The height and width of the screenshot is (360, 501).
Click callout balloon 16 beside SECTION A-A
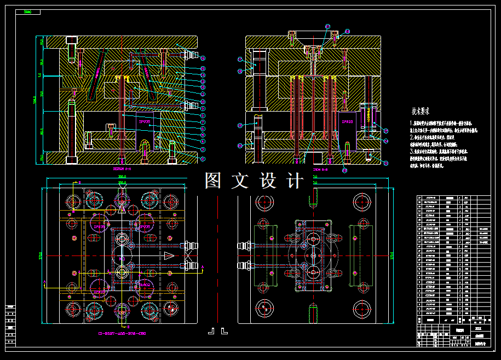203,58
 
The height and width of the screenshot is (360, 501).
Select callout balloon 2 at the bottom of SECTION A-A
203,159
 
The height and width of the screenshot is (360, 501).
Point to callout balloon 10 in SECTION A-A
203,102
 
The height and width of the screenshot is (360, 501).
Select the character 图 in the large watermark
214,181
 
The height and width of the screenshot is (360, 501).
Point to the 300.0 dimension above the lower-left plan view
122,177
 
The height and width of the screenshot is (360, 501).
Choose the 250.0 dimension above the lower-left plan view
122,182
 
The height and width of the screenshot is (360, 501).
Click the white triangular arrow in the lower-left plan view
169,256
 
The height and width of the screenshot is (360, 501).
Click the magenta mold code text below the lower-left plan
122,333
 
